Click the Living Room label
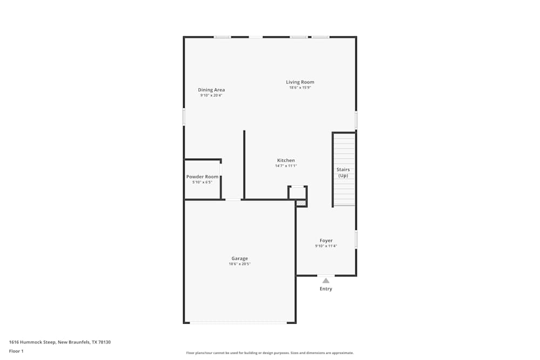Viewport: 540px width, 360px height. click(300, 82)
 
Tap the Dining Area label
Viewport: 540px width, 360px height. click(211, 90)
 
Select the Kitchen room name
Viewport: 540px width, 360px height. click(286, 160)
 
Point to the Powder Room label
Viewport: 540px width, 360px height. click(202, 176)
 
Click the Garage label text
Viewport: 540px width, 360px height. click(240, 259)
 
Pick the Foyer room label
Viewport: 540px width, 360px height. click(326, 240)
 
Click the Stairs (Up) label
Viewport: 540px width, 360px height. click(343, 173)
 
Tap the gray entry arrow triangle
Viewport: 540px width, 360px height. click(326, 281)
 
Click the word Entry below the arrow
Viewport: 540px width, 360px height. click(326, 289)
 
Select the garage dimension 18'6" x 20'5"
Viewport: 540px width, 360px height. click(240, 264)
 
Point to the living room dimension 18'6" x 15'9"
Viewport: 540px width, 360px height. click(300, 87)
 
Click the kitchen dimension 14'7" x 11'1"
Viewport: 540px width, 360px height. click(286, 166)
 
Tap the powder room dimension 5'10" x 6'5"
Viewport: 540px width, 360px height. click(202, 182)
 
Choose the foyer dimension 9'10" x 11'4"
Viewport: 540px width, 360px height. click(326, 246)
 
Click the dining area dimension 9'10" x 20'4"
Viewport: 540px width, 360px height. click(211, 96)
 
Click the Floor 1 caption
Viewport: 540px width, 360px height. click(16, 351)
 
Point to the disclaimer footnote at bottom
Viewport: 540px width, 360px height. click(270, 352)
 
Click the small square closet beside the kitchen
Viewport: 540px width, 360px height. click(297, 193)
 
